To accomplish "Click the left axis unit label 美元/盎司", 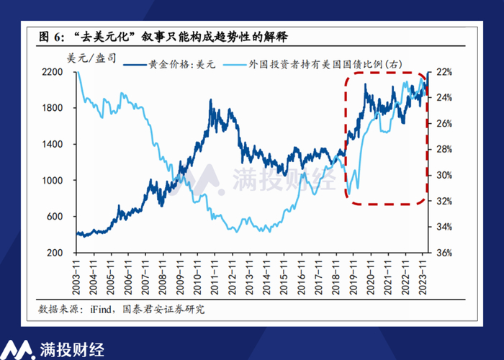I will [x=90, y=56].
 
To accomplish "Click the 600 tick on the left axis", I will [x=58, y=217].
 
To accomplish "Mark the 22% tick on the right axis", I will [x=444, y=72].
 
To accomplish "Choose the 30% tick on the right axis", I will [x=444, y=176].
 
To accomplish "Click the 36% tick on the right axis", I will [x=444, y=253].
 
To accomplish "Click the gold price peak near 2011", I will [x=210, y=99].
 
